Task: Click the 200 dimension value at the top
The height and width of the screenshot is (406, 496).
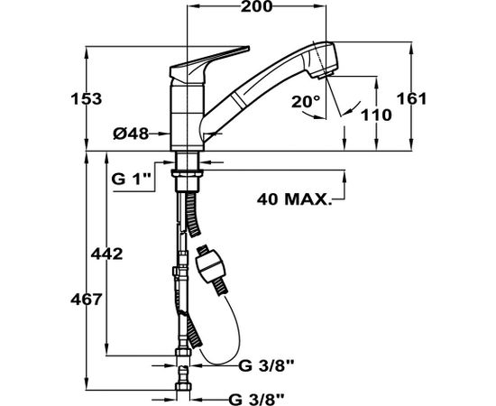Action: click(x=256, y=6)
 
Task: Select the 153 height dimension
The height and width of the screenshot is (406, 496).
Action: click(x=87, y=99)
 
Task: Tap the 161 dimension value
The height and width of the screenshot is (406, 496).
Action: click(x=411, y=98)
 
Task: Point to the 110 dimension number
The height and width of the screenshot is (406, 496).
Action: click(x=376, y=115)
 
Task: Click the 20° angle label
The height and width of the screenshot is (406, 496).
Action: click(x=306, y=102)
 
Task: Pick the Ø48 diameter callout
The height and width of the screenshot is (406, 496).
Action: click(x=131, y=134)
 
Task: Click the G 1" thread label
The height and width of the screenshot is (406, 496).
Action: click(x=130, y=180)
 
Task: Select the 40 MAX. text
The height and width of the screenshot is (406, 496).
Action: click(x=295, y=199)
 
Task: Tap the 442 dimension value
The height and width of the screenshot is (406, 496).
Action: click(x=106, y=254)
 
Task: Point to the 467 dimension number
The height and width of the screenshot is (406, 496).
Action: click(x=86, y=300)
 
